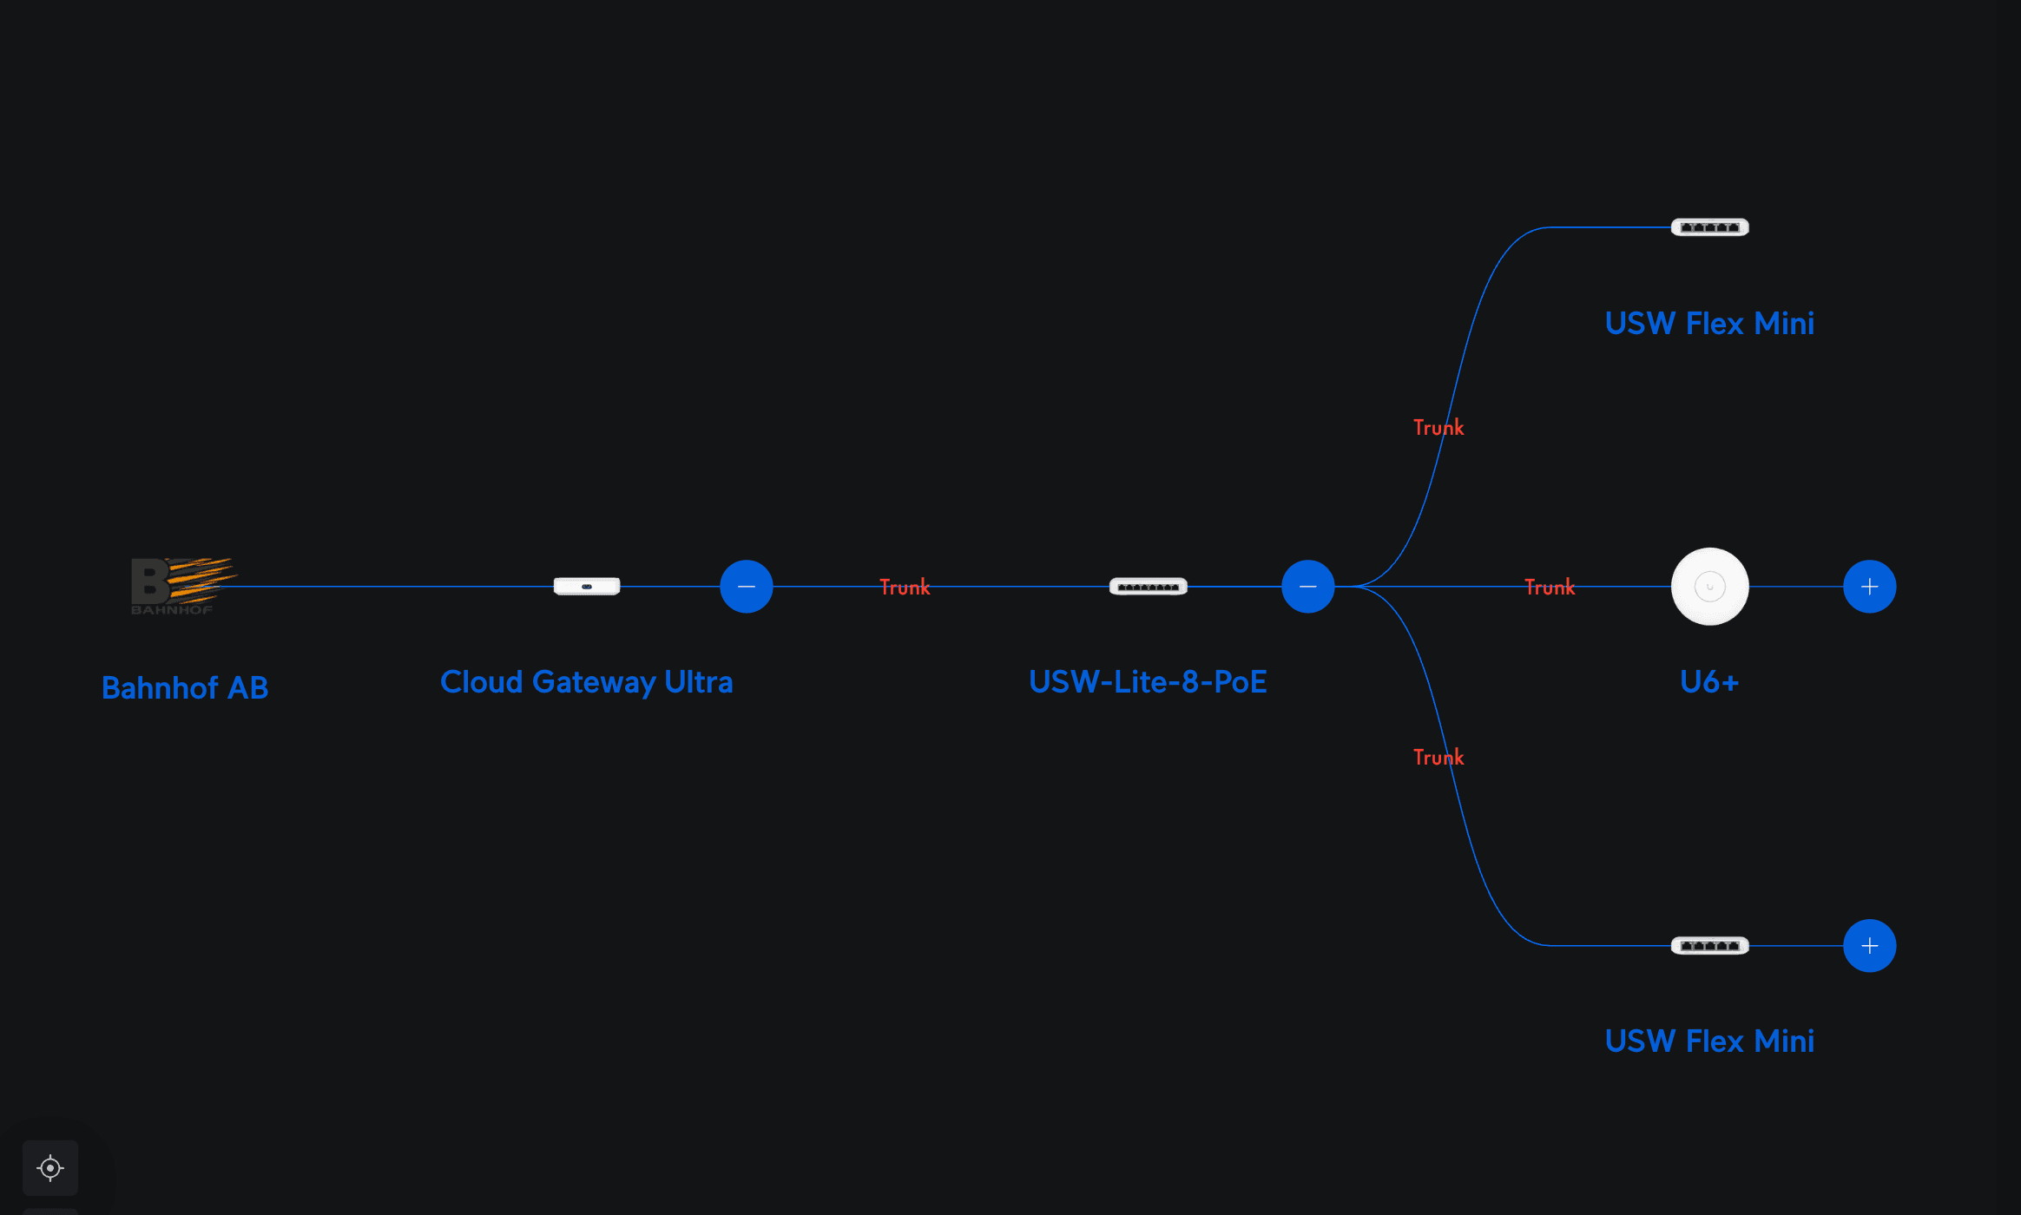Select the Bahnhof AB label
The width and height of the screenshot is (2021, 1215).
click(185, 688)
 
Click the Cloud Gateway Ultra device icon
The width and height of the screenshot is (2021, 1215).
click(587, 587)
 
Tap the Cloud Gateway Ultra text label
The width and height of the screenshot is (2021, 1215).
click(587, 682)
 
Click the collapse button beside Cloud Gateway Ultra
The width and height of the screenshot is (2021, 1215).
click(747, 587)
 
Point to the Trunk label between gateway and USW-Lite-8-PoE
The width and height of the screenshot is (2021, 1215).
click(905, 588)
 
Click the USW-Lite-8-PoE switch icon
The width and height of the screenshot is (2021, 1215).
click(1149, 587)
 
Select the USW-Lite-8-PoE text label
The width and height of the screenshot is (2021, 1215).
click(1148, 682)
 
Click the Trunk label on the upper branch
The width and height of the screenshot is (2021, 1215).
click(1438, 428)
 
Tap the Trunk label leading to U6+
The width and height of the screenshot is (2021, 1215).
click(1550, 588)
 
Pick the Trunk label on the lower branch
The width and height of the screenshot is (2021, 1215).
click(1438, 758)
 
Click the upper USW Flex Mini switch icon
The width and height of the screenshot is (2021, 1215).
click(1710, 227)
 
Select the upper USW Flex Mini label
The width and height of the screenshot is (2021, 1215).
click(1709, 324)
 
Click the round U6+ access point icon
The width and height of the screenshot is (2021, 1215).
click(1710, 587)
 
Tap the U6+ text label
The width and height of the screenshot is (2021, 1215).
click(1709, 682)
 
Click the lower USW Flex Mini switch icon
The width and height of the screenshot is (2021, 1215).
click(1710, 945)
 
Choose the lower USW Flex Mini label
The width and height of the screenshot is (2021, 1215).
click(1709, 1041)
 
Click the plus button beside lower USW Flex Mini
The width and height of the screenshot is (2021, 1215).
click(1870, 946)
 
